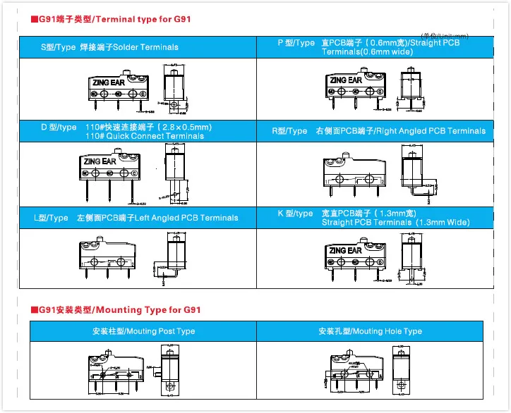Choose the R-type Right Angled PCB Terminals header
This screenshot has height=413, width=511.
[379, 131]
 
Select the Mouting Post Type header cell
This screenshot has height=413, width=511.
[143, 331]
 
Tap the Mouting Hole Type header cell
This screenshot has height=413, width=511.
[370, 331]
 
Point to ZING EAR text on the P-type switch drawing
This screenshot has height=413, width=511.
[346, 80]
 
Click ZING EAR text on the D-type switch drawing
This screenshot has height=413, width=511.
[100, 161]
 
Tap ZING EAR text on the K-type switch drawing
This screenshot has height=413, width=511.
[345, 250]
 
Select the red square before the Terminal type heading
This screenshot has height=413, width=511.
[34, 20]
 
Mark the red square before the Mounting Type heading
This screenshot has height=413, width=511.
[34, 310]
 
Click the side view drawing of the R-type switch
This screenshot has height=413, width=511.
[414, 173]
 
